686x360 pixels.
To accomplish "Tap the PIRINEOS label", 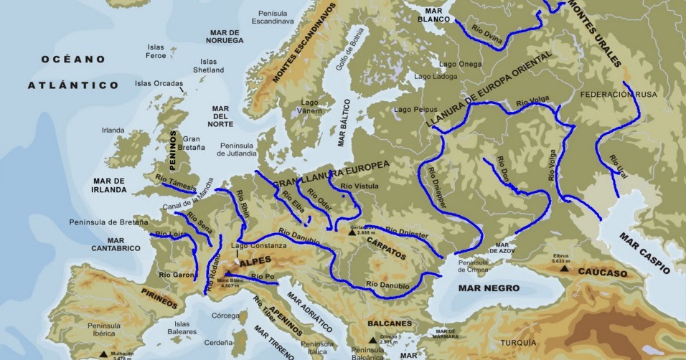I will coord(159,295).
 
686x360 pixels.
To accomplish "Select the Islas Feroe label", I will coord(156,52).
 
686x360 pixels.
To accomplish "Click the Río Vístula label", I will coord(358,186).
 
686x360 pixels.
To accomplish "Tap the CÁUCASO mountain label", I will coord(603,273).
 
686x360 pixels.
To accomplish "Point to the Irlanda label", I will coord(113,131).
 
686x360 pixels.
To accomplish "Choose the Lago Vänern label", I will coord(310,107).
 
